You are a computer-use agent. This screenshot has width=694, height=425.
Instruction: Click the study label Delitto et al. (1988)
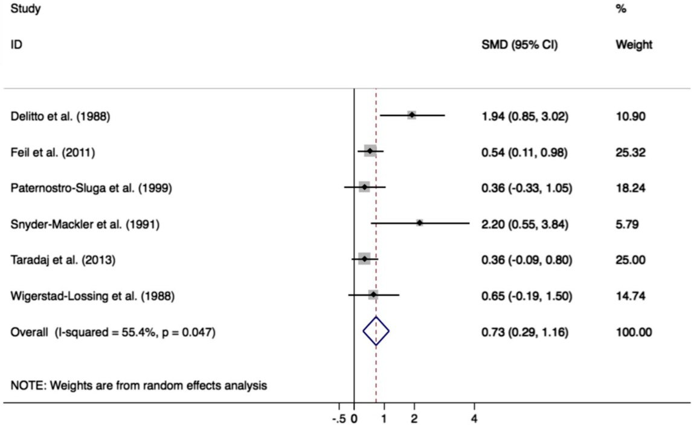60,117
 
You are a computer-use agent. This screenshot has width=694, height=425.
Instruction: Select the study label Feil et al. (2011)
53,152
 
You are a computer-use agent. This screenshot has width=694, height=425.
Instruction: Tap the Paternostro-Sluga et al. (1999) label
91,188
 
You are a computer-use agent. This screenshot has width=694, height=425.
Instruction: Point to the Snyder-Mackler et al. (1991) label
85,224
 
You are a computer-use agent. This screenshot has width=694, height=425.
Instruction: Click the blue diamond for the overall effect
376,331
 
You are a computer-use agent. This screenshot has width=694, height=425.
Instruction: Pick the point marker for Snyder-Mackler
419,223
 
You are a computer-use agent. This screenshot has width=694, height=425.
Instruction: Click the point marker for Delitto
411,115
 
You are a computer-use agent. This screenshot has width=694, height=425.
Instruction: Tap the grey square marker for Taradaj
364,259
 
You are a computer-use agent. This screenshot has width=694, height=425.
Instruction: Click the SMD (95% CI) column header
519,45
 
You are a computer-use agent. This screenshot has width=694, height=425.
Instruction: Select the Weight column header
633,45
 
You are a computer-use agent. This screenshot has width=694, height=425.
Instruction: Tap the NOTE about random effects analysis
139,384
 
